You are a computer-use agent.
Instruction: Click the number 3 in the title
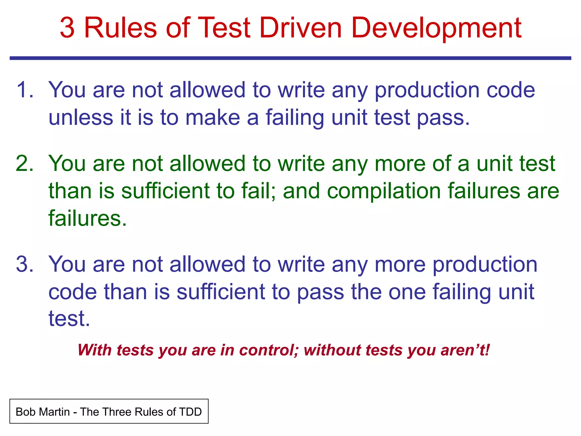68,28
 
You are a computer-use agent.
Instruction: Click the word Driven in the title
300,28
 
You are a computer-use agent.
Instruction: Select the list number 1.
25,90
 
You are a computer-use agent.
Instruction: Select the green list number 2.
25,164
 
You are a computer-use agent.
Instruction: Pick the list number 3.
25,265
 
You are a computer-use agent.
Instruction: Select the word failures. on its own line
87,218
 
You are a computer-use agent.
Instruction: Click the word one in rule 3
407,292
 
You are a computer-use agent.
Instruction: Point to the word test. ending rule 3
69,319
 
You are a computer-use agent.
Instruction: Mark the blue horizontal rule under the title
290,58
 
